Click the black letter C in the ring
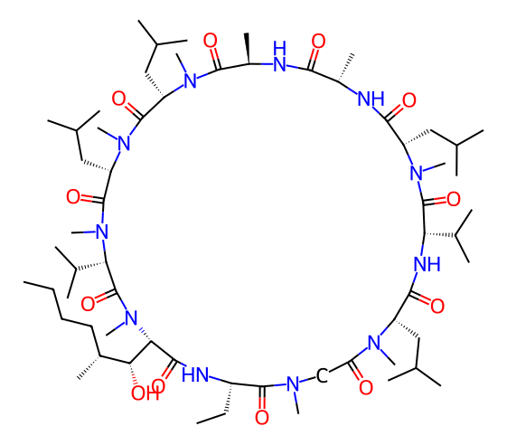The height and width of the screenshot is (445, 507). point(322,375)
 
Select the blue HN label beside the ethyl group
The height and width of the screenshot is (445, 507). point(195,374)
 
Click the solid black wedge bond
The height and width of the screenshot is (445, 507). point(248,48)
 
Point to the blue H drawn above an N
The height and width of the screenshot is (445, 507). point(279,48)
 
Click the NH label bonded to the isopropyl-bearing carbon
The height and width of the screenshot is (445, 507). point(427,264)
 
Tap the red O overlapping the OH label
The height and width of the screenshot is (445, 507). point(158,386)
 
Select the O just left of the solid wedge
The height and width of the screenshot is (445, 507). point(211,41)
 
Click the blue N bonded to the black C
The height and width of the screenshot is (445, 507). point(293,383)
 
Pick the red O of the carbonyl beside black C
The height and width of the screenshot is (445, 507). point(366,387)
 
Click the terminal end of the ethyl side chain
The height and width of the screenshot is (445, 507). point(197,423)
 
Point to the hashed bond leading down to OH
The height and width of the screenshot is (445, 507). point(133,374)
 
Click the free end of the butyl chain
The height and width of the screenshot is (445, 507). point(23,282)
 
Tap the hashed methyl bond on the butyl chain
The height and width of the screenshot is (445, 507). point(89,367)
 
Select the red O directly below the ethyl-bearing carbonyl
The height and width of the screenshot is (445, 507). point(261,417)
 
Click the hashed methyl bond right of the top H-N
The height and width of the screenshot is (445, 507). point(346,68)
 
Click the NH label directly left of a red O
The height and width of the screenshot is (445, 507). point(371,99)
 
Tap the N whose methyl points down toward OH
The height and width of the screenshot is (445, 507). point(131,317)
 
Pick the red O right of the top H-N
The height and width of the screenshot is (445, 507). point(318,41)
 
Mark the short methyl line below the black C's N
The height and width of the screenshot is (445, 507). point(296,402)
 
